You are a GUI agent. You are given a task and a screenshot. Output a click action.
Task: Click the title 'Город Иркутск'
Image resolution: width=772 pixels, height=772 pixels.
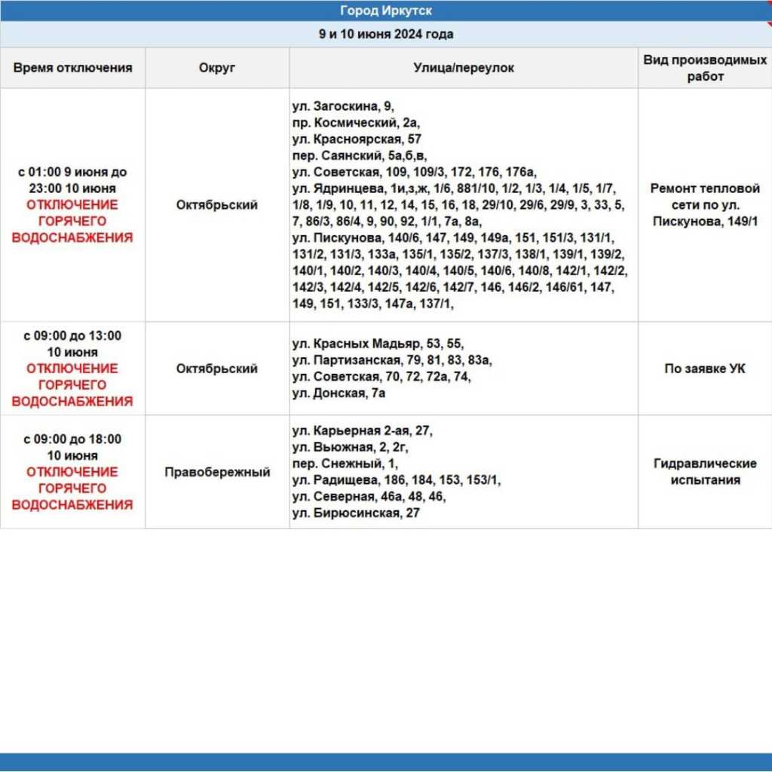(385, 11)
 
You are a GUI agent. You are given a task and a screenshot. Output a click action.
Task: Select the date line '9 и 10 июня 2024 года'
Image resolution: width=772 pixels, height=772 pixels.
(385, 34)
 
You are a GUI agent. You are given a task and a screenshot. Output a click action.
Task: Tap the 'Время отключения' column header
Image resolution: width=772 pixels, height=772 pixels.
(72, 68)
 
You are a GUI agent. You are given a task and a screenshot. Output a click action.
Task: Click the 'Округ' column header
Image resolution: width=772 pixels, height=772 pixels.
(217, 68)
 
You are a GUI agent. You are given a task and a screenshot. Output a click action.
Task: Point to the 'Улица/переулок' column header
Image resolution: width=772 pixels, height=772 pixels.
(464, 68)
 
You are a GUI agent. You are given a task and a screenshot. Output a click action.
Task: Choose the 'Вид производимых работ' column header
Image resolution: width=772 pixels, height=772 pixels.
(704, 68)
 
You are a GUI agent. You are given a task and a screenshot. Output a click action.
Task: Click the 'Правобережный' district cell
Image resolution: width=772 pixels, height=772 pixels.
(217, 473)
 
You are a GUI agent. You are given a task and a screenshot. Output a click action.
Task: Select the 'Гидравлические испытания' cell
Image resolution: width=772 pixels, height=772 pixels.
(704, 472)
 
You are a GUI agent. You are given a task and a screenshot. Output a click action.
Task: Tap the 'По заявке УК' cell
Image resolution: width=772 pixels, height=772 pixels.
(704, 369)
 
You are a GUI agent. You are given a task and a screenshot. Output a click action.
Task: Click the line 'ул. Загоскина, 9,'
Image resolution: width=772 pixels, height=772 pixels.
(343, 106)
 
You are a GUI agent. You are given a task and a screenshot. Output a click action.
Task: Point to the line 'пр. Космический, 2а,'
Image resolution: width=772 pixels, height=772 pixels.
(356, 123)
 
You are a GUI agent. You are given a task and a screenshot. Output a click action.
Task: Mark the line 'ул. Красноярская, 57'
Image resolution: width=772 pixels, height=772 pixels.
(357, 139)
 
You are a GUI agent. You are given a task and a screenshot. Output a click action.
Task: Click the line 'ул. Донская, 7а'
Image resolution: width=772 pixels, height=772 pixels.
(339, 393)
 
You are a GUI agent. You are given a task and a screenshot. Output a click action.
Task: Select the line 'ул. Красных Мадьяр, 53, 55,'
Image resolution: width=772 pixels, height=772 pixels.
(378, 344)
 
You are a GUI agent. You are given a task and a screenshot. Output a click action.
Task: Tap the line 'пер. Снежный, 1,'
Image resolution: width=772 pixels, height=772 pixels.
(345, 464)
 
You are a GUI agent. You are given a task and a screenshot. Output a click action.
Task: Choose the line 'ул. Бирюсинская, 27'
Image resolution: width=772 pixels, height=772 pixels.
(356, 513)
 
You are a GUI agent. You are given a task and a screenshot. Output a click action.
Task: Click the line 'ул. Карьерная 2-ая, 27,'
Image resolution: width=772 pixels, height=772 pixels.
(363, 430)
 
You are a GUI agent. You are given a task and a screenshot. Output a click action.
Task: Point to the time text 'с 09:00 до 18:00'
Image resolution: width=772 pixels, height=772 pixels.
(72, 439)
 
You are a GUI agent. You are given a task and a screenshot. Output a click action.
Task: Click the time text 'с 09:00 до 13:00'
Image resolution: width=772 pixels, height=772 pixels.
(72, 335)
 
